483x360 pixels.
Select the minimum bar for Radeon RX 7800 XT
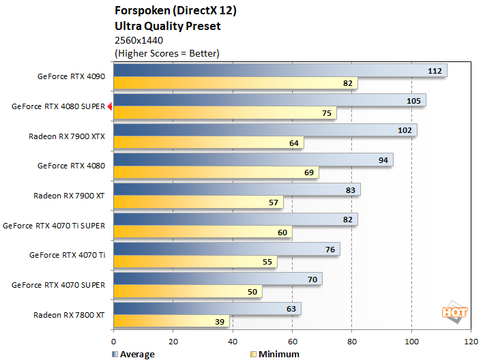point(171,321)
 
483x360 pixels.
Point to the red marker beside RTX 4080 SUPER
point(109,106)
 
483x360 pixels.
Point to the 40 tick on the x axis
point(232,340)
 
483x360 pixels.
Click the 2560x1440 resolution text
point(139,40)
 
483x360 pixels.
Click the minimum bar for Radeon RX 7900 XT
point(198,202)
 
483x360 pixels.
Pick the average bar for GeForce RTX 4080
point(252,160)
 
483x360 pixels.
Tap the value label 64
point(294,143)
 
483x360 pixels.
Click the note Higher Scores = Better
point(167,52)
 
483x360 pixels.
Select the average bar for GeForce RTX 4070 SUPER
point(217,279)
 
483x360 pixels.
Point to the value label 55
point(267,262)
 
